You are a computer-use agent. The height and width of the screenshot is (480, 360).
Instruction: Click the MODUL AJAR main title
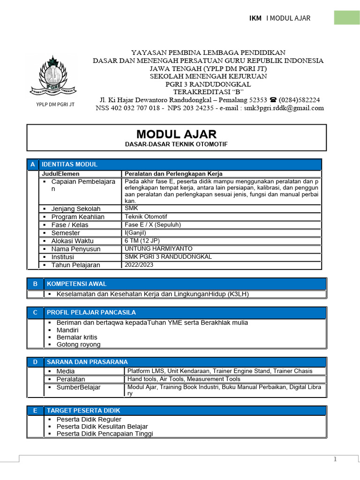176,135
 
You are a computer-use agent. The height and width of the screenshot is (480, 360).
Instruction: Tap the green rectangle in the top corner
346,18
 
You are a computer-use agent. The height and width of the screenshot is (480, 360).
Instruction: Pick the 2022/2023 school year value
139,265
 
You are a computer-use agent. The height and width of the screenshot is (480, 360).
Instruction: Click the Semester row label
66,233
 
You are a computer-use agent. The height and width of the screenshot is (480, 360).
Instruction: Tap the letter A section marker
32,165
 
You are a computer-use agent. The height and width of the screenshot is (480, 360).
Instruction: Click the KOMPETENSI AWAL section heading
76,284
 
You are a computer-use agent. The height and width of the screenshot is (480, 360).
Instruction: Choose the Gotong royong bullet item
78,345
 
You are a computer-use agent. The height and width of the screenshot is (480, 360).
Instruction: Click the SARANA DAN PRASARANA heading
87,362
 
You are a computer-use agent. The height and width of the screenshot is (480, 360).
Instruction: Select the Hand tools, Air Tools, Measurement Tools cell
184,379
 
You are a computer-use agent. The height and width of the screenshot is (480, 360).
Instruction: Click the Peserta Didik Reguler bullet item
89,419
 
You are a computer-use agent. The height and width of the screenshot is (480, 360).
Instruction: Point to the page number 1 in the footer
335,459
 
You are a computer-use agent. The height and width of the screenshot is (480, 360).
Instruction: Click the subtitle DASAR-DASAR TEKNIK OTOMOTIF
176,144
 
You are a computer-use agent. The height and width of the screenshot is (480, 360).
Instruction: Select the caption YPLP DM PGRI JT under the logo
55,105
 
